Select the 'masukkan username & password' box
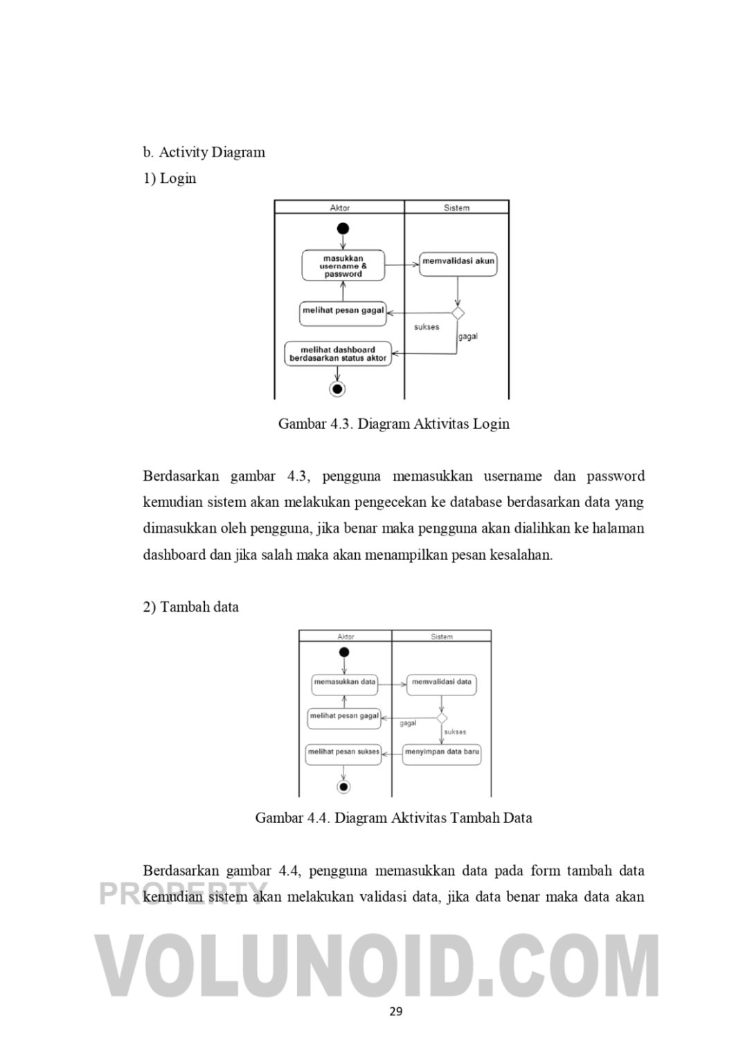(x=343, y=266)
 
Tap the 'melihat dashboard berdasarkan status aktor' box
(x=338, y=354)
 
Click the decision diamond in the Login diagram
(x=458, y=313)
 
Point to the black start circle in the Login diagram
(x=343, y=229)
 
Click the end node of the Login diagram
(x=337, y=389)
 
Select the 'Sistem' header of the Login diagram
(x=456, y=208)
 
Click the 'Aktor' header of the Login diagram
(x=339, y=208)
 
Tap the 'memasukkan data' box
(x=344, y=683)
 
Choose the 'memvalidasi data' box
(x=441, y=683)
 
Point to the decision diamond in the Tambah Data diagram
(x=442, y=718)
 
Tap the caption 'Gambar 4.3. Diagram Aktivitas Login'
(x=393, y=424)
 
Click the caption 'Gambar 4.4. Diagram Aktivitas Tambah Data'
(x=393, y=818)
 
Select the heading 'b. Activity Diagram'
(x=204, y=152)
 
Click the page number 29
(x=395, y=1012)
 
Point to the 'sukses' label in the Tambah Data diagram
(x=455, y=731)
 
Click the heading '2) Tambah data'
(x=191, y=608)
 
